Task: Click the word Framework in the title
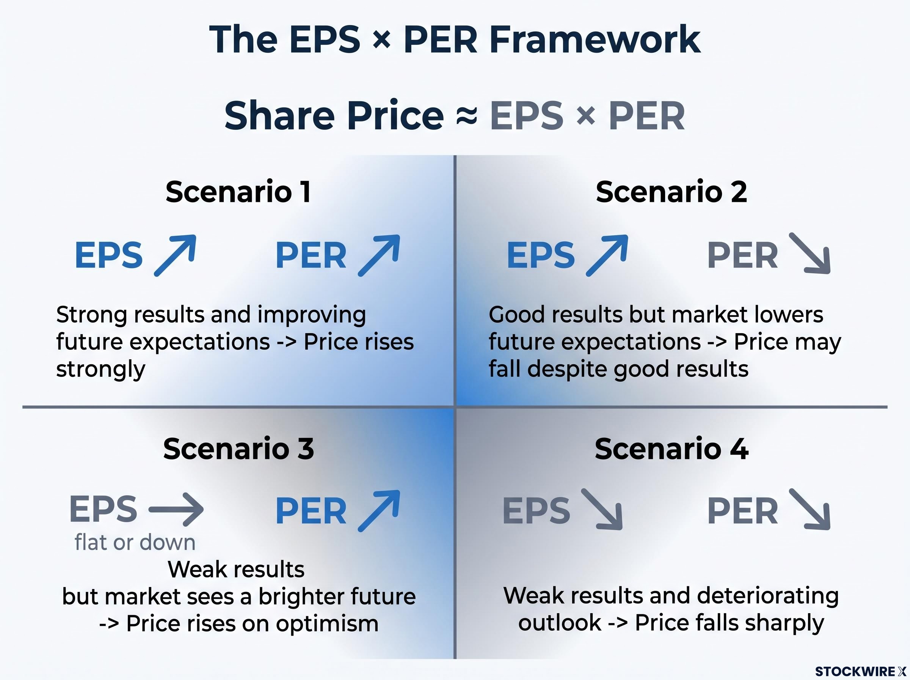[595, 39]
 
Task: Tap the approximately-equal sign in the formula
[466, 116]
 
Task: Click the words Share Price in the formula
[334, 116]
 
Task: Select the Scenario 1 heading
[238, 192]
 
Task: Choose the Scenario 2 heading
[671, 192]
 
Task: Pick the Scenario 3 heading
[238, 449]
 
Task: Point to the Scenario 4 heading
[672, 449]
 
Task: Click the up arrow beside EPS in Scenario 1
[175, 255]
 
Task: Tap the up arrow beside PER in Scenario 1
[379, 255]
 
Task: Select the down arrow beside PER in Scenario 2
[810, 253]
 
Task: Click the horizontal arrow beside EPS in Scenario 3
[176, 510]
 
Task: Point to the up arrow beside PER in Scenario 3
[379, 510]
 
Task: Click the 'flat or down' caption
[135, 543]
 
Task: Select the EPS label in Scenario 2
[541, 255]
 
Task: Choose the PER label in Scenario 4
[743, 511]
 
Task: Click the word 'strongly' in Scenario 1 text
[101, 369]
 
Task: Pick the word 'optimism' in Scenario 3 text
[327, 623]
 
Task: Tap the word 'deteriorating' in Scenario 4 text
[768, 596]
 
